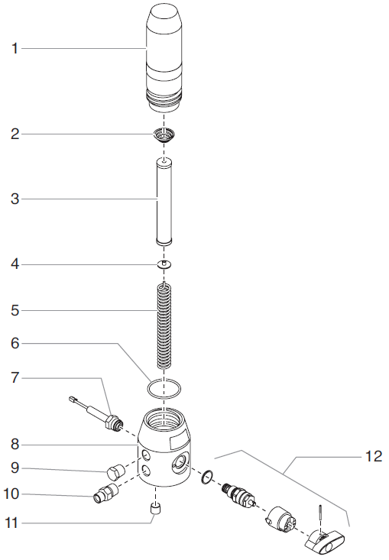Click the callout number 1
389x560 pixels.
[x=15, y=49]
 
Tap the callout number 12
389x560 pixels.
[x=374, y=456]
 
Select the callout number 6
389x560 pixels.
[x=15, y=344]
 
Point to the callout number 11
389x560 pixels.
[x=11, y=523]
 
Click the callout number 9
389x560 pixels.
[x=15, y=468]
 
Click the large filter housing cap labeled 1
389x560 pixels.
[x=164, y=59]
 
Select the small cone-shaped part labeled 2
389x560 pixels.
[x=164, y=135]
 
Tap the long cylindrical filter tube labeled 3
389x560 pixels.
[x=164, y=202]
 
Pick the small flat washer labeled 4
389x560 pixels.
[x=164, y=264]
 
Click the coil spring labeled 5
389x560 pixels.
[x=164, y=325]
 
